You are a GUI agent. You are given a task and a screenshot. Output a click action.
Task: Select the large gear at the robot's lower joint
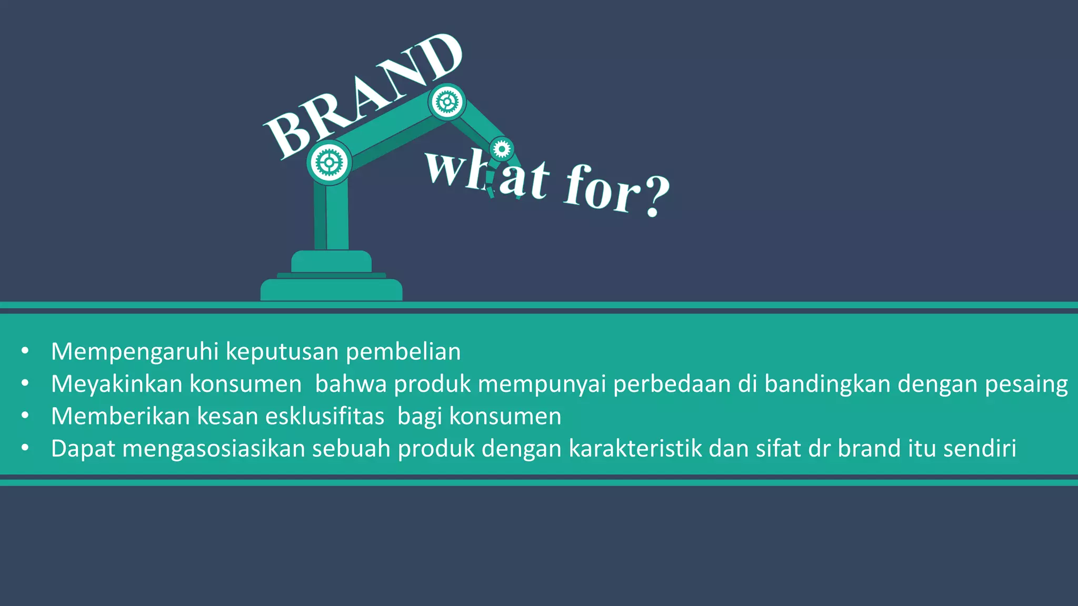(329, 163)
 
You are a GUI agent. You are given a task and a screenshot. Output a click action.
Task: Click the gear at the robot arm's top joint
(447, 102)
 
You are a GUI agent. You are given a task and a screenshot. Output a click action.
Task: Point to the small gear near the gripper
(502, 149)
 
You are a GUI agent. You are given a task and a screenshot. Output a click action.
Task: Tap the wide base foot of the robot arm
(331, 290)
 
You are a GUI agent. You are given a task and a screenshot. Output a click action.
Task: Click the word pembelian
(403, 351)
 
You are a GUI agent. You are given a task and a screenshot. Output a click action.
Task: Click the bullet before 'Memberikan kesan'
(25, 416)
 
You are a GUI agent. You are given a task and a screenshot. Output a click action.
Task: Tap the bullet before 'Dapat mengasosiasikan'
(25, 448)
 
